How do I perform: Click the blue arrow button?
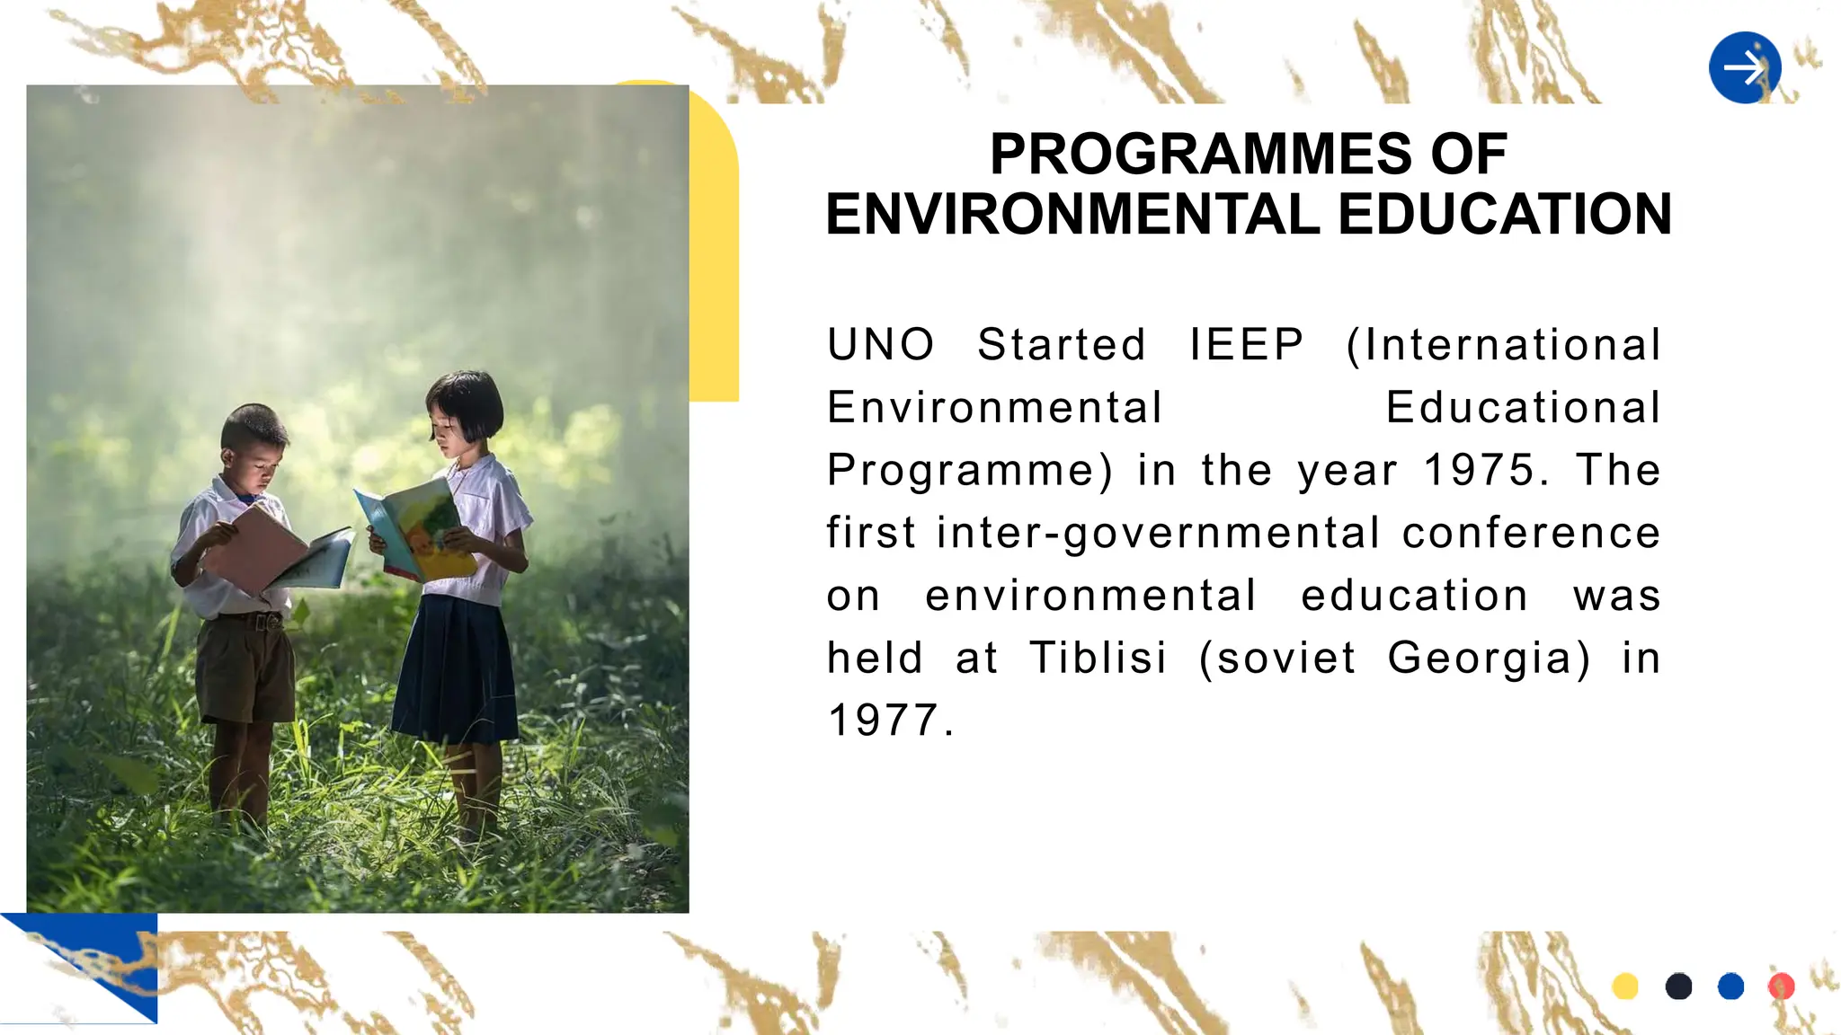click(x=1745, y=68)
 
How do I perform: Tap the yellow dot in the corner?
click(x=1625, y=986)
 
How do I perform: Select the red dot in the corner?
click(x=1781, y=986)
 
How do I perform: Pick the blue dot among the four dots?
click(x=1730, y=986)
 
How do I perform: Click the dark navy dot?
click(x=1678, y=986)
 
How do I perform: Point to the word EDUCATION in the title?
click(x=1504, y=215)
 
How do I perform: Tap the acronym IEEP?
click(x=1246, y=345)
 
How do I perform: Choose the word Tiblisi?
click(x=1098, y=658)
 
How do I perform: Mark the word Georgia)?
click(x=1488, y=658)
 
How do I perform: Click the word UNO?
click(x=881, y=345)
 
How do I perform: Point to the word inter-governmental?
click(x=1158, y=533)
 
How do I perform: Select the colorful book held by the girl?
click(x=417, y=530)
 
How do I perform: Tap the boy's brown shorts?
click(x=245, y=669)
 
